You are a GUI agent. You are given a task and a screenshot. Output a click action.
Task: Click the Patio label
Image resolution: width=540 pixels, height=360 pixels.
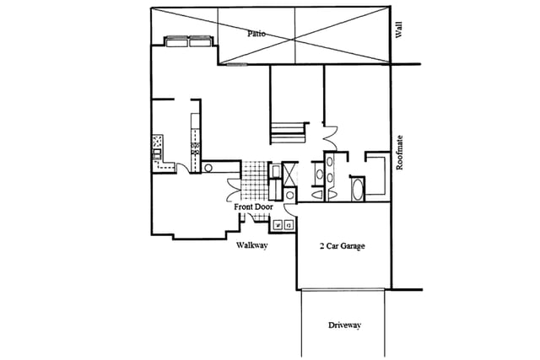pos(256,34)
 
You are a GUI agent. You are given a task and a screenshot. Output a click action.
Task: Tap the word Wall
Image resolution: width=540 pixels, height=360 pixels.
pos(399,30)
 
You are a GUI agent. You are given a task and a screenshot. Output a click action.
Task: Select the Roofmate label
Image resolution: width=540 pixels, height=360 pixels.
pos(399,153)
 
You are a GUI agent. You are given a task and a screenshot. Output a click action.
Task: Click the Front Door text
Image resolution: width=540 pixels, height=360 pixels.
pos(253,207)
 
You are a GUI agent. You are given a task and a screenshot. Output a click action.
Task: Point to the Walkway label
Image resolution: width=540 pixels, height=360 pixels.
pos(251,245)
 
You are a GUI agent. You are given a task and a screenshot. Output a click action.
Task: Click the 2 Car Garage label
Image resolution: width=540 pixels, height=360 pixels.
pos(343,246)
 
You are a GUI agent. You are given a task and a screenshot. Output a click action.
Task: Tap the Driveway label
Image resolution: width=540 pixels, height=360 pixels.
pos(344,325)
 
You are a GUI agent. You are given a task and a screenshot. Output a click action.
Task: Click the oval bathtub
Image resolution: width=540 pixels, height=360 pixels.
pos(358,189)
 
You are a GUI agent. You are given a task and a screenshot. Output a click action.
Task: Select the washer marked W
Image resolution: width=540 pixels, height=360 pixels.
pos(278,226)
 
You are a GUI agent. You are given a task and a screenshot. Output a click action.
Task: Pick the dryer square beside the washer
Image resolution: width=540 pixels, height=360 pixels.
pos(289,226)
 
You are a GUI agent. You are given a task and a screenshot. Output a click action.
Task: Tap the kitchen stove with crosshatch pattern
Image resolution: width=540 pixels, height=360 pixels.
pos(158,142)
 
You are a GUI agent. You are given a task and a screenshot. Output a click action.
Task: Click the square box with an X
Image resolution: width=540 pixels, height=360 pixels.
pos(289,175)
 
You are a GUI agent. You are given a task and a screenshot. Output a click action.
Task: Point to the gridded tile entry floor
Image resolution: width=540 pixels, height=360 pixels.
pos(254,180)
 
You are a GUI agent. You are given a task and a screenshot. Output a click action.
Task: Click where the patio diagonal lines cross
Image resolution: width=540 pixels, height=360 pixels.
pos(293,40)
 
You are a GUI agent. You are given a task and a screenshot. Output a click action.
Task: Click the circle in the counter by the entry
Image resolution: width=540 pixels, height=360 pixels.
pos(208,168)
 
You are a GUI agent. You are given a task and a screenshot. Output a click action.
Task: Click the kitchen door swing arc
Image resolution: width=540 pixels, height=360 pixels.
pos(183,168)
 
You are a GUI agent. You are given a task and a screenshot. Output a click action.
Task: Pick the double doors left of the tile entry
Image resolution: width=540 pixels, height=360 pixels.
pos(234,190)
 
